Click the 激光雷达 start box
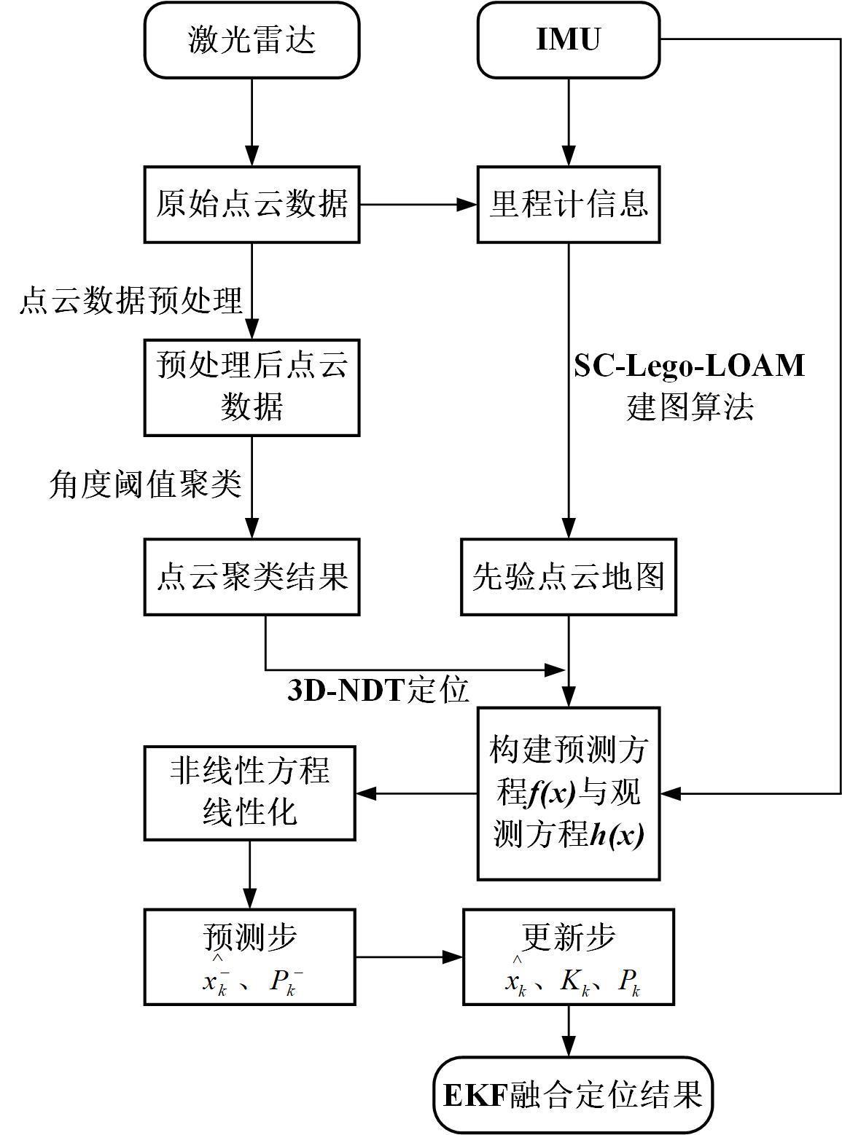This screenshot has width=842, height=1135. pos(252,40)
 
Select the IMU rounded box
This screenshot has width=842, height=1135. pos(569,40)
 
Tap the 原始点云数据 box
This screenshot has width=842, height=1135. pos(252,204)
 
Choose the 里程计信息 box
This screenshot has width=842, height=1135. pos(569,204)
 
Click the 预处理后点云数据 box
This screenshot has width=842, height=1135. pos(252,388)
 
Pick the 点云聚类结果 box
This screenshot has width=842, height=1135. pos(252,577)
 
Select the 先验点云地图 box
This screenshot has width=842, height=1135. pos(569,577)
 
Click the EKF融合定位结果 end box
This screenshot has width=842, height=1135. pos(573,1095)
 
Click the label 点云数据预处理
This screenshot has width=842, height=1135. pos(130,300)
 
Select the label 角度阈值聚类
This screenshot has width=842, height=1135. pos(145,484)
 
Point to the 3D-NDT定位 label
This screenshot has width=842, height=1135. pos(378,691)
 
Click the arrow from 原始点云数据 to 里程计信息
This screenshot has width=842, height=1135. pos(418,205)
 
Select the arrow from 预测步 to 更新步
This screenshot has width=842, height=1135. pos(409,957)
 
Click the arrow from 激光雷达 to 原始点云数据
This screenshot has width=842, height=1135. pos(252,122)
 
